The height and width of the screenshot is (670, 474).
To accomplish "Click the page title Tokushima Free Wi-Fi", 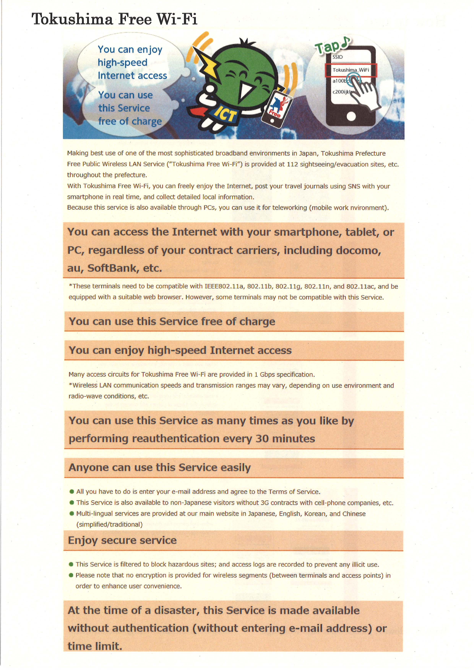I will pyautogui.click(x=114, y=19).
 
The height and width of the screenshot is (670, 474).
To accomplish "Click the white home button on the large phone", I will pyautogui.click(x=351, y=116).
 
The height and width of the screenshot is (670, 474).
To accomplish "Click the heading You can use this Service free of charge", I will pyautogui.click(x=172, y=322).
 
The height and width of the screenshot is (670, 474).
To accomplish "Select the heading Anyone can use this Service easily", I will pyautogui.click(x=160, y=467).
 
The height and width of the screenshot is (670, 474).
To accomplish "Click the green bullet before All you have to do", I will pyautogui.click(x=72, y=492).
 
